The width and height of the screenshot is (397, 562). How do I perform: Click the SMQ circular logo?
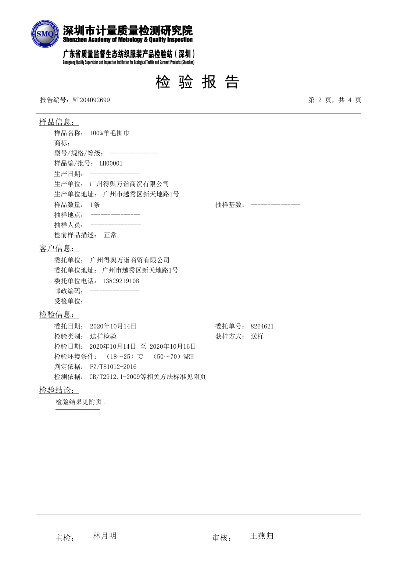click(x=45, y=34)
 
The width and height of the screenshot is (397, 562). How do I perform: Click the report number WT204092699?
click(x=91, y=100)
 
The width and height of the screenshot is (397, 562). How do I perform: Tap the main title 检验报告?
click(x=197, y=82)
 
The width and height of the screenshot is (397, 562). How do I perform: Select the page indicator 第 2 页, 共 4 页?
click(x=335, y=100)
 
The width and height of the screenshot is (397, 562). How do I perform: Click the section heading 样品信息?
click(x=57, y=122)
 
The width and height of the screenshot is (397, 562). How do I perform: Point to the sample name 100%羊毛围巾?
click(x=109, y=133)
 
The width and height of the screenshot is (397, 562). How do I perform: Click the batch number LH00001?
click(x=111, y=163)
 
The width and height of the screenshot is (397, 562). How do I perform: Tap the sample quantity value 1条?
click(x=95, y=205)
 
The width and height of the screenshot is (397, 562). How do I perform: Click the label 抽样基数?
click(x=230, y=205)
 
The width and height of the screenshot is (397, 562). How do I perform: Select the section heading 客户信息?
click(x=57, y=249)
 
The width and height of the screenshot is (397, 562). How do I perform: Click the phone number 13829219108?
click(x=121, y=281)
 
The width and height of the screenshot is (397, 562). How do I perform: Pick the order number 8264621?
click(x=262, y=326)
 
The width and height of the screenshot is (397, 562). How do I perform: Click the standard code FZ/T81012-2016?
click(x=113, y=367)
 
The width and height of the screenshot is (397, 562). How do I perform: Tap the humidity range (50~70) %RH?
click(x=173, y=356)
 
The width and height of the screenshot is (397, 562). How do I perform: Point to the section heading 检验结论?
click(x=57, y=390)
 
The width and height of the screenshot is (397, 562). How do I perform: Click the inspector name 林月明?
click(x=105, y=536)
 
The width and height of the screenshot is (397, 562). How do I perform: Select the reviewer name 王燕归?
click(x=262, y=536)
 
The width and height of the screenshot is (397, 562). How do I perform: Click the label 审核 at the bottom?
click(x=221, y=538)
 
